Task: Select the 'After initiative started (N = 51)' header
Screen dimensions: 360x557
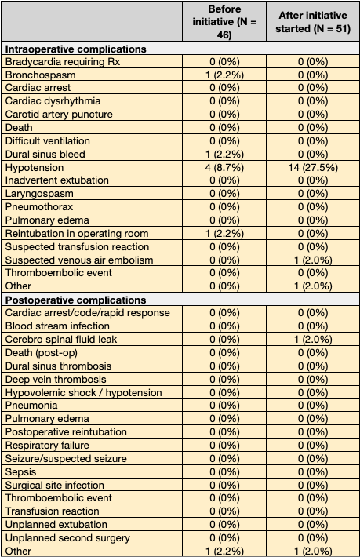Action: click(x=313, y=21)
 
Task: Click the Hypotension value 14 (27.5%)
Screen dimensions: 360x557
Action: click(x=313, y=168)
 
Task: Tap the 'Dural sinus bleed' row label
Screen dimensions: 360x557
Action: click(x=45, y=155)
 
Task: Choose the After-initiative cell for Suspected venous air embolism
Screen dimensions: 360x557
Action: click(x=313, y=260)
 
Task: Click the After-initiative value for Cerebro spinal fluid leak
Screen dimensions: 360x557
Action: click(x=313, y=340)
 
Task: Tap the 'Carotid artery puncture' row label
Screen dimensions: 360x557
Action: click(x=59, y=115)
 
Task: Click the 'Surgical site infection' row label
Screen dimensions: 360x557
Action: click(x=55, y=485)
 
